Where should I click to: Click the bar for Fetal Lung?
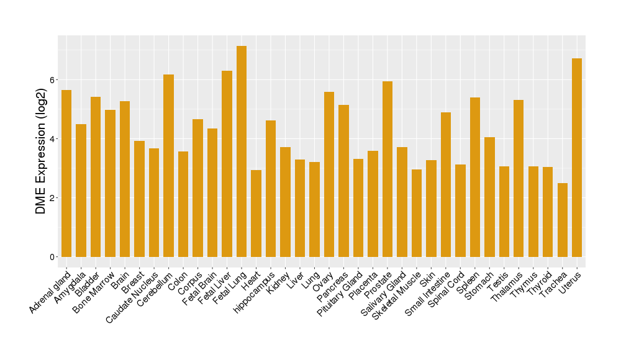tap(242, 151)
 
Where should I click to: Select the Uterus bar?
tap(577, 158)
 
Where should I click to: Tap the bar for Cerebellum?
tap(168, 166)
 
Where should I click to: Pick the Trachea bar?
tap(562, 220)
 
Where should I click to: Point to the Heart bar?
tap(256, 214)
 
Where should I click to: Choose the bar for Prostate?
tap(388, 169)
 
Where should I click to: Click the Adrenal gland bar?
tap(66, 173)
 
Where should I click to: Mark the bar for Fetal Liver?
tap(227, 164)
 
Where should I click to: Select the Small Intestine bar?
tap(445, 184)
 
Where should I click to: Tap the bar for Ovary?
tap(329, 174)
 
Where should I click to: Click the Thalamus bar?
tap(519, 178)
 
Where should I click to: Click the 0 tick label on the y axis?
tap(53, 257)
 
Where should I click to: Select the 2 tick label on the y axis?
tap(53, 198)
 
